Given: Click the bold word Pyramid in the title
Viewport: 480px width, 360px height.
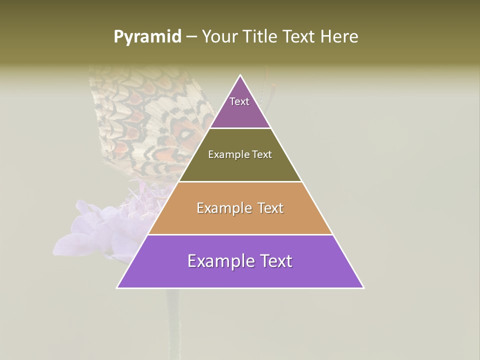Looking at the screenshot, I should click(147, 37).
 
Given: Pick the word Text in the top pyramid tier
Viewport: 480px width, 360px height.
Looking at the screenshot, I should click(239, 101).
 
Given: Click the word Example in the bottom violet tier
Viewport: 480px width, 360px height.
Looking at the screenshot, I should click(220, 261).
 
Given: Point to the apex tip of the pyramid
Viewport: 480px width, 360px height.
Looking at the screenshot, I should click(240, 75).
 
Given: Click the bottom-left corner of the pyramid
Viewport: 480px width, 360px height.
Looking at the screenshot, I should click(117, 287).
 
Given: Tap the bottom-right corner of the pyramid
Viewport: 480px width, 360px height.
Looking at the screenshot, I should click(363, 287).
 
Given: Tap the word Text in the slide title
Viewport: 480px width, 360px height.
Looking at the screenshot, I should click(298, 37).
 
